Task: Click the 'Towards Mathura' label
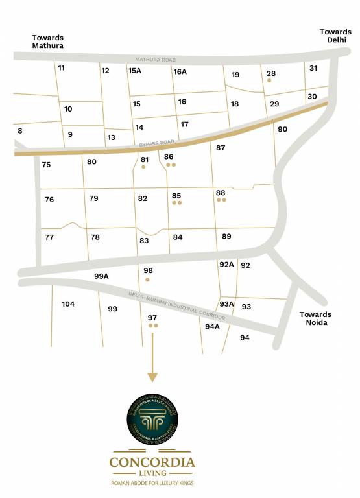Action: tap(48, 42)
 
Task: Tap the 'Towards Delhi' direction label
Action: tap(335, 35)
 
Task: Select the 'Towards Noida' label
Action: tap(315, 318)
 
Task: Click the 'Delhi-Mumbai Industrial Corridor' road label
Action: tap(176, 306)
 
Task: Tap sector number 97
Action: tap(152, 318)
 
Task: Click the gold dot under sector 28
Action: tap(269, 82)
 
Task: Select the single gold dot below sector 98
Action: tap(148, 279)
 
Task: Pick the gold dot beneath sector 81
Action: tap(143, 167)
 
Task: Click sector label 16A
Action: tap(180, 71)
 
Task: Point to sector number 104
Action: tap(68, 303)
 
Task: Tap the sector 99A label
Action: tap(101, 276)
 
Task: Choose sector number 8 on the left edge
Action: tap(19, 131)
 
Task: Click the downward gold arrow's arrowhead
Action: tap(152, 377)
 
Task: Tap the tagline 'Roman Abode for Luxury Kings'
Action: tap(152, 484)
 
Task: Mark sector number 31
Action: tap(313, 68)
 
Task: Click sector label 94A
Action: tap(212, 327)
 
